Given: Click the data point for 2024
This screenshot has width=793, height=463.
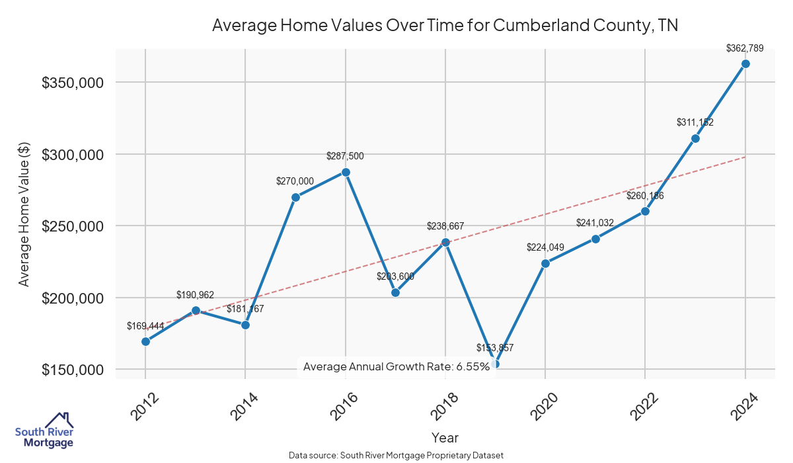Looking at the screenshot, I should click(745, 63).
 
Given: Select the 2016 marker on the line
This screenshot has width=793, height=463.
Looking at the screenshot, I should click(345, 172).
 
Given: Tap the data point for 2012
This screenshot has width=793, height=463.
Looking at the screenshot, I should click(145, 341).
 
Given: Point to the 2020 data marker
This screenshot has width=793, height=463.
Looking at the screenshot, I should click(545, 263).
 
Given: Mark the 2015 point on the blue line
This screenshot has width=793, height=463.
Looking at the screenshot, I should click(295, 197).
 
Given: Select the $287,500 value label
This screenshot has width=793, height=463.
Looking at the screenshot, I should click(345, 156).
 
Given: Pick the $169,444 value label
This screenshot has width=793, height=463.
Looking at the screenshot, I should click(145, 325).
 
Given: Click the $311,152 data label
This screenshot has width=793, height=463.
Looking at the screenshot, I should click(695, 122).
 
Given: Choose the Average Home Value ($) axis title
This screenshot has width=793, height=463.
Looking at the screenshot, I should click(24, 214).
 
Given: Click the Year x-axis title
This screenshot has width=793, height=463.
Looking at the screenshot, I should click(445, 437).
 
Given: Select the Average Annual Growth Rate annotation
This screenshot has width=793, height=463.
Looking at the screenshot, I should click(397, 366).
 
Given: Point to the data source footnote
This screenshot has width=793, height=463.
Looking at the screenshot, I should click(397, 456).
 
